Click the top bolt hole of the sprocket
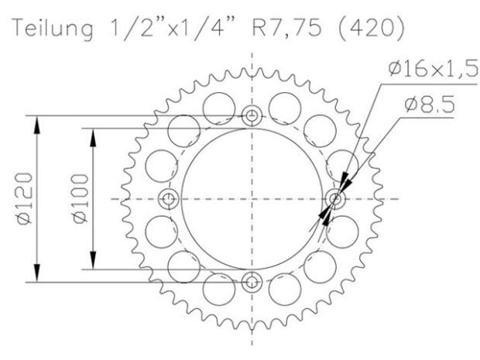click(252, 117)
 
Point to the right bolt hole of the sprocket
click(334, 200)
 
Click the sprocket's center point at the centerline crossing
click(252, 200)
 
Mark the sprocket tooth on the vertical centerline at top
click(252, 70)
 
